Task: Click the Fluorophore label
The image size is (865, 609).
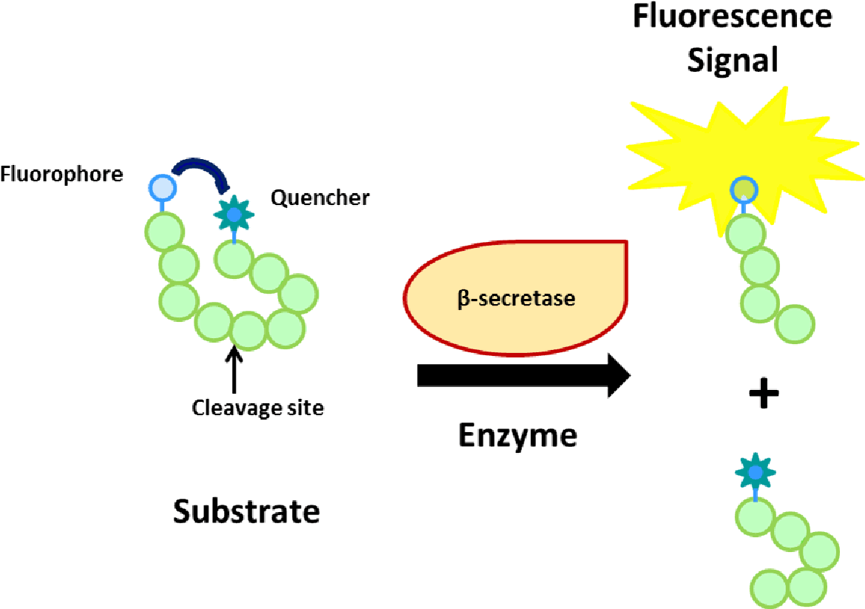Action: (x=61, y=175)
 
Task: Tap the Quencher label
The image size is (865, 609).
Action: (x=319, y=198)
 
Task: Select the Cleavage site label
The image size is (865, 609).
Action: (x=258, y=408)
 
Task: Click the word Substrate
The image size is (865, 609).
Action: (x=247, y=511)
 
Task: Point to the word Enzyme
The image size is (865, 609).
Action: (x=518, y=435)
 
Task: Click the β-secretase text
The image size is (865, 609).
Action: (x=515, y=300)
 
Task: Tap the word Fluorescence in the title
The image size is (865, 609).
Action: (x=732, y=16)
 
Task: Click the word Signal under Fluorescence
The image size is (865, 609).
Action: (x=732, y=59)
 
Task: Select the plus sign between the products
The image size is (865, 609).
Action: (x=764, y=394)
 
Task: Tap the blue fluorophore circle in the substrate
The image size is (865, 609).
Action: (x=163, y=188)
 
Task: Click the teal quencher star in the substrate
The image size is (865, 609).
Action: (x=234, y=215)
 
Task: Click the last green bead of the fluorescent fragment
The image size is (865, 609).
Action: (x=796, y=323)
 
